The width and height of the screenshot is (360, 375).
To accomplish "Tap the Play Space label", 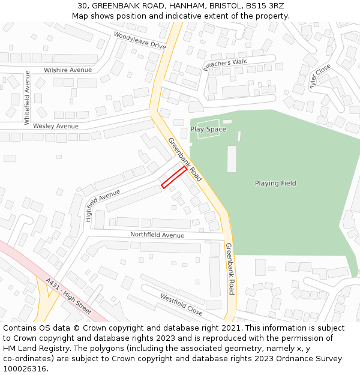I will (x=208, y=129).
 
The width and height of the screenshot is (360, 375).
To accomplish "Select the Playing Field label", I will (x=275, y=183).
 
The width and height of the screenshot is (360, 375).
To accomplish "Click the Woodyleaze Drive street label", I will (x=140, y=40).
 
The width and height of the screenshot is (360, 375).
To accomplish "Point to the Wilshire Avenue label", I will (x=68, y=70).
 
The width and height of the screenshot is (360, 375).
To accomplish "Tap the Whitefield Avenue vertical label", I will (x=27, y=97).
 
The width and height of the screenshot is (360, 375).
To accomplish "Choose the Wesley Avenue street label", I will (x=56, y=126).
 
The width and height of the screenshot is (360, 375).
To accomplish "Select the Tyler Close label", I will (x=320, y=77).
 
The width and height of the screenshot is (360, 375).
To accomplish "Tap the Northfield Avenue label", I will (x=157, y=235).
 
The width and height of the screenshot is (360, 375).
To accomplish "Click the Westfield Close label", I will (x=181, y=304).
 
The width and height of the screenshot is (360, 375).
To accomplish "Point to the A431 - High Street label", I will (x=68, y=296).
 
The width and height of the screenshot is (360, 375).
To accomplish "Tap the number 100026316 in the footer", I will (x=25, y=368).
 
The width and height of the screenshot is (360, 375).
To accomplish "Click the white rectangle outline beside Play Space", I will (x=208, y=129).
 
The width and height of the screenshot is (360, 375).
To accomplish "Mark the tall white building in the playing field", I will (x=232, y=158).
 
